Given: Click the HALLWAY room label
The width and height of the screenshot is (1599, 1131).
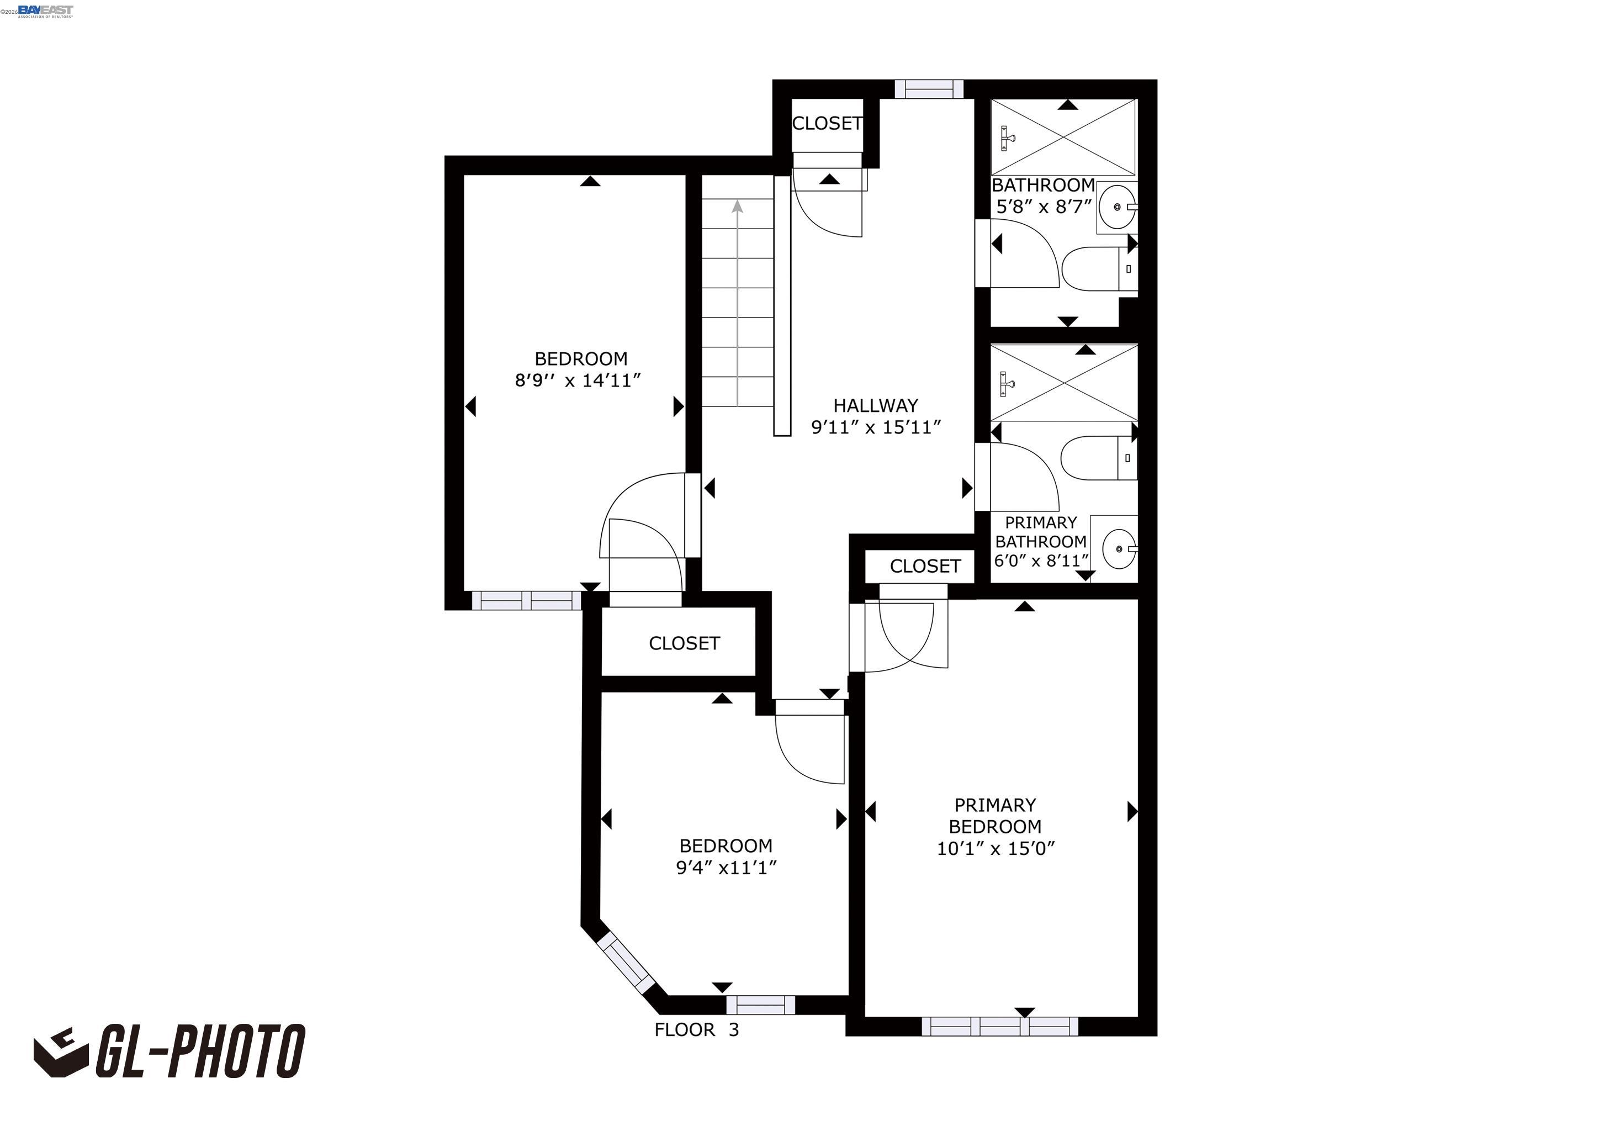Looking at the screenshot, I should (x=875, y=405).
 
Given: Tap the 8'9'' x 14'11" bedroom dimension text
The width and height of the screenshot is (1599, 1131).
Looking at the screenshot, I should (x=578, y=381).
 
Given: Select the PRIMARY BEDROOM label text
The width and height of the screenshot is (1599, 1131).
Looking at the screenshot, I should (x=994, y=816).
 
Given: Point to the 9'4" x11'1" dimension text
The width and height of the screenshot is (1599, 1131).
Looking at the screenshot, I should (x=726, y=868).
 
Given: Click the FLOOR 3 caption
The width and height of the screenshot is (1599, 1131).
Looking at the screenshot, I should (x=696, y=1030).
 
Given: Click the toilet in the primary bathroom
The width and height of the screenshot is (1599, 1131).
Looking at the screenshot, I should (x=1097, y=458).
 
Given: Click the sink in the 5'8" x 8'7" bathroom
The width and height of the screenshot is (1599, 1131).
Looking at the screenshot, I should (x=1117, y=207).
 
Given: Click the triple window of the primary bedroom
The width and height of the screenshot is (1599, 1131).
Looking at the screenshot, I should (x=999, y=1026).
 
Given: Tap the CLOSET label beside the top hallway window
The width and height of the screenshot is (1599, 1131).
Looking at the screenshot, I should (x=827, y=123).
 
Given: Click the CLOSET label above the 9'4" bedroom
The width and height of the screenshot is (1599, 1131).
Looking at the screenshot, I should (x=684, y=643).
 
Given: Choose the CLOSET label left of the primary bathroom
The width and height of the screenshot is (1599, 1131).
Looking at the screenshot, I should (x=925, y=566).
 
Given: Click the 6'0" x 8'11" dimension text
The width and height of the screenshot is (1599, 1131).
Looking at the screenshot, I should (x=1040, y=561).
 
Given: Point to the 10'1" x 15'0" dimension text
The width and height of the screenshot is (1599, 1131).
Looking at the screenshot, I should (x=995, y=848).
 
